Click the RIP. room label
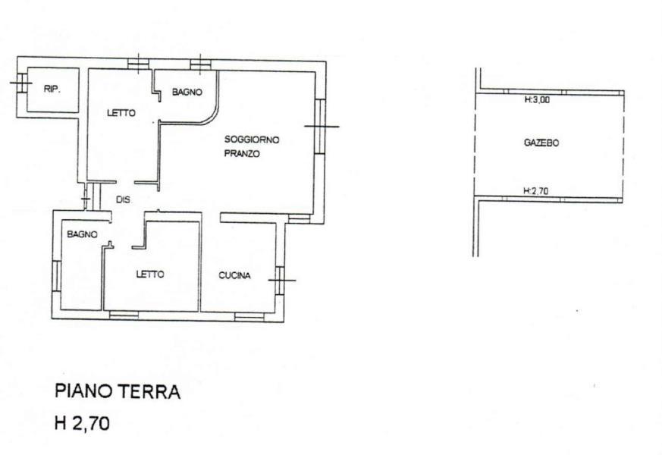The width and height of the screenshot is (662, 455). pos(52,89)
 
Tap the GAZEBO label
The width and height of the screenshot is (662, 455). pos(541,143)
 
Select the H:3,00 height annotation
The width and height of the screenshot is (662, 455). pos(537,100)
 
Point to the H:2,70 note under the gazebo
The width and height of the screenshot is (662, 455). pos(536,191)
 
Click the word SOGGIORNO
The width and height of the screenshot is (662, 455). pos(252,140)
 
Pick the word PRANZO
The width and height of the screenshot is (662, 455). pos(242,154)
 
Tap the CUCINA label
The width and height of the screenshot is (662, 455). pos(235,275)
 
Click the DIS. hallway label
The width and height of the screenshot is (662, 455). pos(124,200)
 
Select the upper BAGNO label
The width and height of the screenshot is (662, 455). pos(187,92)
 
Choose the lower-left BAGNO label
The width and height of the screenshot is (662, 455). pos(83,234)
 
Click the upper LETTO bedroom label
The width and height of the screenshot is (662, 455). pos(121,113)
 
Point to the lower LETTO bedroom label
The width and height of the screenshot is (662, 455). pos(150,275)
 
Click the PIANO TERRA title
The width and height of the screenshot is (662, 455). pos(118,392)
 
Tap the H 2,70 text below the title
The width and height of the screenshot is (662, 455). pos(83,423)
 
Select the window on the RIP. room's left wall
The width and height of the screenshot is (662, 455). pos(21,83)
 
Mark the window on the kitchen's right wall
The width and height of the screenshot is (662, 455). pos(280,281)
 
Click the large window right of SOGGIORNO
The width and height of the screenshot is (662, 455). pos(320,126)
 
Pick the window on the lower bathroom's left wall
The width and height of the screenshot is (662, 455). pos(56,275)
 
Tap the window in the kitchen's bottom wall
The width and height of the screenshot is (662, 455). pos(249,316)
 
